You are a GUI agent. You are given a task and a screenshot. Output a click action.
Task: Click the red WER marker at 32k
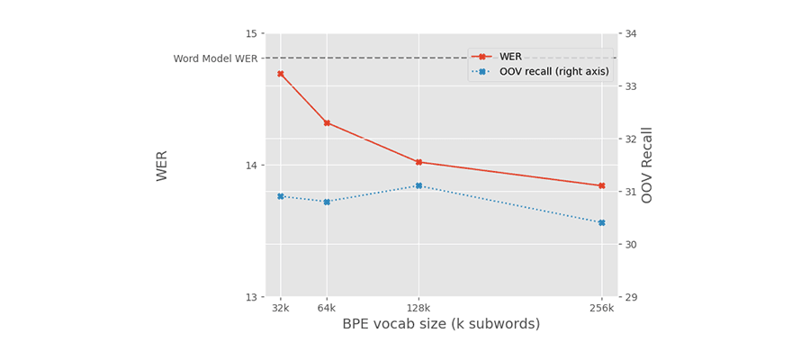[281, 74]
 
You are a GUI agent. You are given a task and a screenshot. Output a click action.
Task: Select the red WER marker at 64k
[327, 123]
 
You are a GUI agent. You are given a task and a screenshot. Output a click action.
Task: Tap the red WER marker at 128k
[418, 162]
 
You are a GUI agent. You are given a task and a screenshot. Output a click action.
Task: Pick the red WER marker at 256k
[602, 185]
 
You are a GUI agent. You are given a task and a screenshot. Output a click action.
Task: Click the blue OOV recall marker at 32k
[281, 196]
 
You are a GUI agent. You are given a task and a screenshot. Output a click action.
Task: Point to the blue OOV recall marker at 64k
[327, 202]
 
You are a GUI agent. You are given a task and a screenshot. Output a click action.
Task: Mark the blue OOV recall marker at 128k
[418, 186]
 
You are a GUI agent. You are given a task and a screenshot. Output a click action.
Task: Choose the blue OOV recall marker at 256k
[602, 222]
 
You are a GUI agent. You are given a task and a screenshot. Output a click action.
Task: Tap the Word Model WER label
[215, 58]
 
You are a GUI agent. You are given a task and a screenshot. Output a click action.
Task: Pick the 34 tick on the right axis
[630, 34]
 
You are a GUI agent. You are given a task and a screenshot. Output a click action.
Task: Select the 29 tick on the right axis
[630, 297]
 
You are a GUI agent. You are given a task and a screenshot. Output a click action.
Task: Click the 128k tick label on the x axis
[418, 308]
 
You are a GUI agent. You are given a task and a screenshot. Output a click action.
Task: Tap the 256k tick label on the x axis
[602, 308]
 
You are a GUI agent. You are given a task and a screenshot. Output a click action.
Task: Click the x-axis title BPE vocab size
[441, 324]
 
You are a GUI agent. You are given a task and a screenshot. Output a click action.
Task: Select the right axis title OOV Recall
[647, 165]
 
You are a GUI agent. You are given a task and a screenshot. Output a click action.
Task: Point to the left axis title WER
[162, 166]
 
